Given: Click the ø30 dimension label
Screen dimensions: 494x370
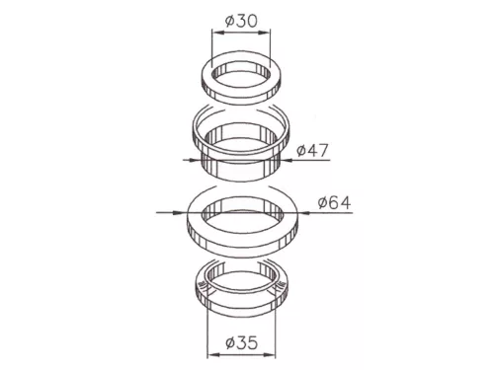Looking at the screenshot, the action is click(x=241, y=21).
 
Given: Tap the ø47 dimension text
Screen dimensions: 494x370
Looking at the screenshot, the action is click(x=312, y=150).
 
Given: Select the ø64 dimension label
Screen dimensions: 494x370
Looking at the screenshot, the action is click(x=334, y=202).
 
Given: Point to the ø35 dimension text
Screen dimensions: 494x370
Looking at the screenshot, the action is click(x=241, y=343).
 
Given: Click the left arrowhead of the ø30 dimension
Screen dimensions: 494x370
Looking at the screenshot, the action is click(x=218, y=33).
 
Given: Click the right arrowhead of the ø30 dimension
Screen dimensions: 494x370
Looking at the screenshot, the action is click(x=264, y=33).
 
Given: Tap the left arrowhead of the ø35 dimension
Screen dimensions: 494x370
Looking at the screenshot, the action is click(x=213, y=355).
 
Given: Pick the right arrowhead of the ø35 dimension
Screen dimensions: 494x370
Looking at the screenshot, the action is click(x=270, y=355).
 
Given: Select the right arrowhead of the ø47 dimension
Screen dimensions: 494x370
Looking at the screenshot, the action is click(x=287, y=160).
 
